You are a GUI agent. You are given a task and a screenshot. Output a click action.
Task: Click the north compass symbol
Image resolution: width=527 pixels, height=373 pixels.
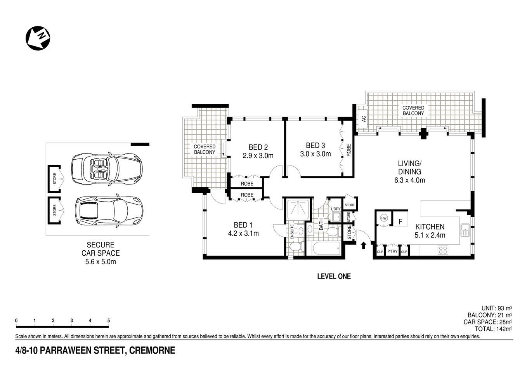[38, 38]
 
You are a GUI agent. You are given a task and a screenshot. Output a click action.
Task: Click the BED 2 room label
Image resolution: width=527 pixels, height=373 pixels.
[258, 147]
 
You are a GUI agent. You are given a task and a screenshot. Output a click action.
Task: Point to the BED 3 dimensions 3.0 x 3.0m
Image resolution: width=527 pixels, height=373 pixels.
[315, 154]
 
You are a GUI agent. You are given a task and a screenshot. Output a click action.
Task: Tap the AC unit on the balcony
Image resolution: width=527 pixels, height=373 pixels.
[364, 119]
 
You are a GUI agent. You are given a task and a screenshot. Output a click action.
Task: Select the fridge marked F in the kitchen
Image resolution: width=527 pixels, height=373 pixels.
[400, 222]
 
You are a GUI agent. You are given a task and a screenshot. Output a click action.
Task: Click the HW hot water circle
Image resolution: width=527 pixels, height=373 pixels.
[384, 218]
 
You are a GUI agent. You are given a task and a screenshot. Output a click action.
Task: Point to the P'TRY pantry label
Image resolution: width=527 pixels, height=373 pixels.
[392, 251]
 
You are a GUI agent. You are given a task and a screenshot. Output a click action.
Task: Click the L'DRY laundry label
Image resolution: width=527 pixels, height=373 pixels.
[336, 209]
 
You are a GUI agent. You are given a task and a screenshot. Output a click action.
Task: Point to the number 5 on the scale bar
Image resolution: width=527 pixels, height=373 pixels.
[109, 321]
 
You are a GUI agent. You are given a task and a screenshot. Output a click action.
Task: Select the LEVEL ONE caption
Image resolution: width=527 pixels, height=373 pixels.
[334, 276]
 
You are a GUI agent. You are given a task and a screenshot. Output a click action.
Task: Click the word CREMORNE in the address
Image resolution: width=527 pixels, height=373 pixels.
[152, 351]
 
